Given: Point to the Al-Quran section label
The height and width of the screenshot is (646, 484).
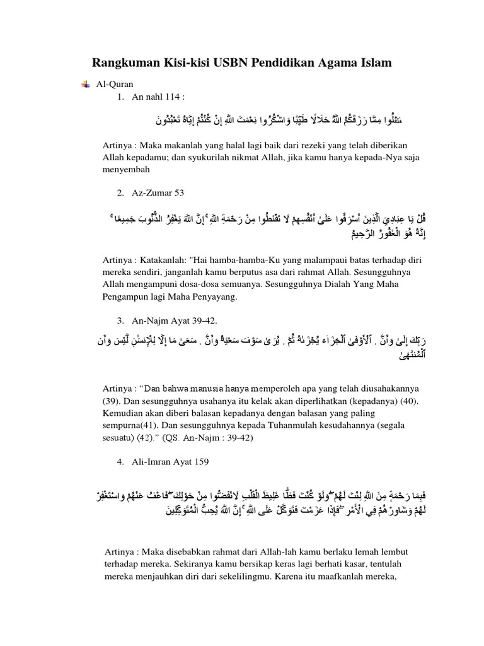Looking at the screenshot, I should tap(113, 84).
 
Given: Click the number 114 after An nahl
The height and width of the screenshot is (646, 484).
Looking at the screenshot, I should tap(172, 97).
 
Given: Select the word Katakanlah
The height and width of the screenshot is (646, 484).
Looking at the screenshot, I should tap(162, 261).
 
